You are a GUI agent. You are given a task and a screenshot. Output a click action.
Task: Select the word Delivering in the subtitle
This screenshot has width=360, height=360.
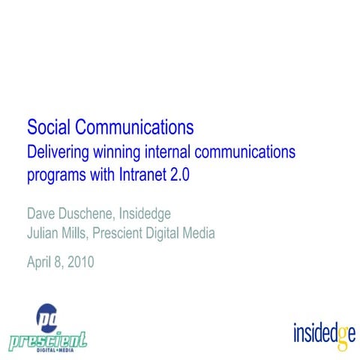pyautogui.click(x=58, y=152)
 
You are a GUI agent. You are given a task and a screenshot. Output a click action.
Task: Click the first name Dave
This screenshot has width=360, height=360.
pyautogui.click(x=41, y=212)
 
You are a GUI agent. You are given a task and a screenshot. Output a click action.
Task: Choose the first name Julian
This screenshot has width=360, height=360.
pyautogui.click(x=43, y=233)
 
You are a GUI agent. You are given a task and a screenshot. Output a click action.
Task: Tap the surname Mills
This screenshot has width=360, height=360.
pyautogui.click(x=82, y=233)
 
